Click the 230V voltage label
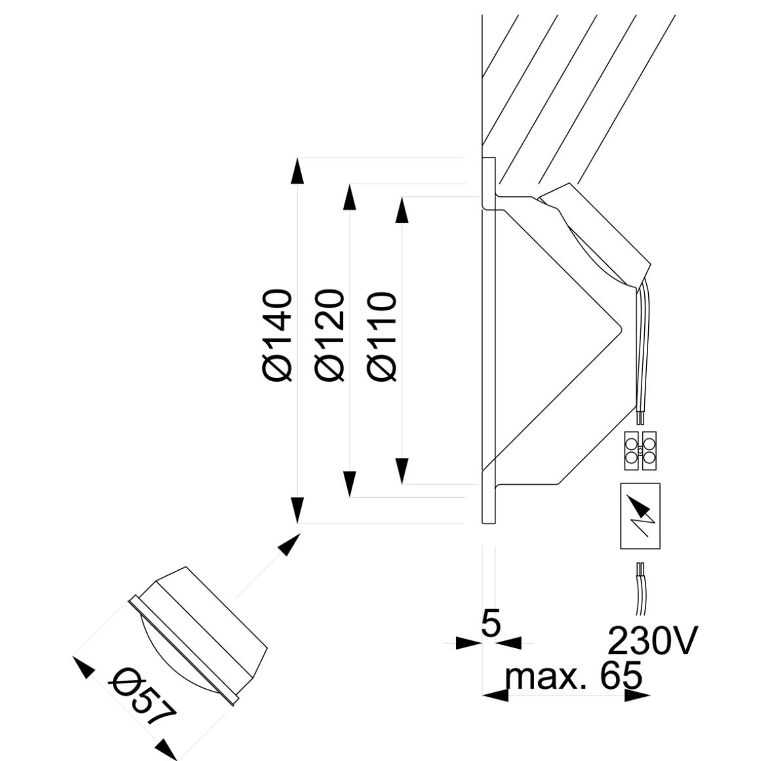(650, 641)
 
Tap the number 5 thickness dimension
(490, 623)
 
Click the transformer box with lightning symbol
(640, 516)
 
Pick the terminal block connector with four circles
(640, 450)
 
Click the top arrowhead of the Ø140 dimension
(298, 172)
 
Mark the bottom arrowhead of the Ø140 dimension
(298, 510)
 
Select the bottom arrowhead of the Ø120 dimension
(350, 483)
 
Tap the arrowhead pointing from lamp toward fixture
(289, 545)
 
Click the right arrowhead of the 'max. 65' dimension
(633, 695)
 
